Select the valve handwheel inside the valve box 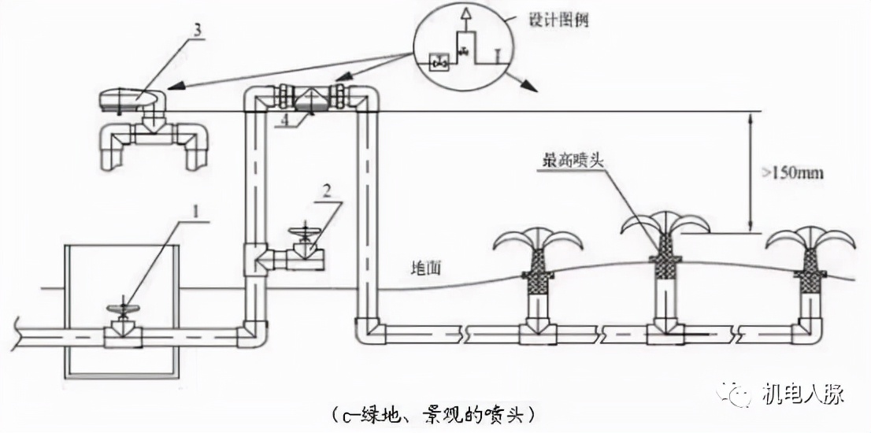(122, 309)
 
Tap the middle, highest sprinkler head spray (666, 221)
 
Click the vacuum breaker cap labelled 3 (132, 99)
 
